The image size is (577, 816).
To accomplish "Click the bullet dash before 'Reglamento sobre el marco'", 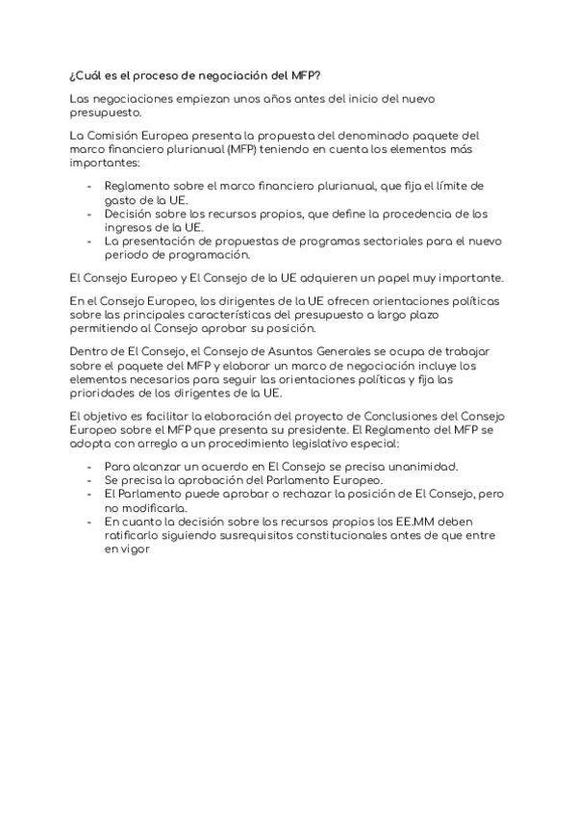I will tap(89, 187).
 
